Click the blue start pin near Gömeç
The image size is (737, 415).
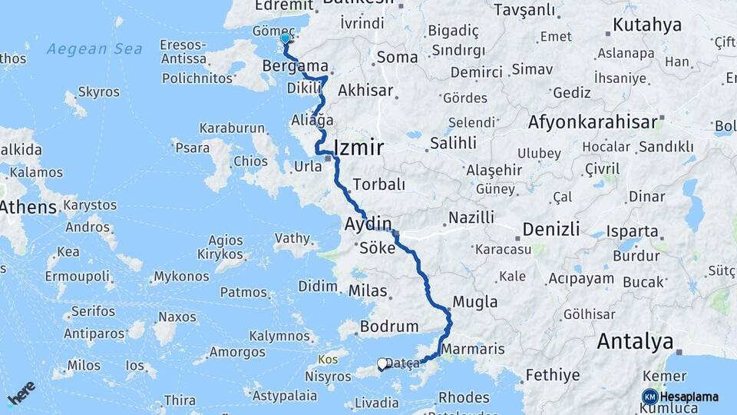(x=286, y=38)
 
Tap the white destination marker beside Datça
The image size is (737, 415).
(x=382, y=364)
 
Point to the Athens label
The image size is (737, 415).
(x=28, y=207)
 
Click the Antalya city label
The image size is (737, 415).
(x=635, y=340)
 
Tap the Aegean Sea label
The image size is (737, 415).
(x=94, y=49)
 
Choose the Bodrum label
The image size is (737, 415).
(x=389, y=327)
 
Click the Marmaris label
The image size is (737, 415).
(x=472, y=349)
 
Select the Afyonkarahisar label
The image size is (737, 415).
(x=593, y=121)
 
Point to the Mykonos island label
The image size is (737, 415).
(x=181, y=277)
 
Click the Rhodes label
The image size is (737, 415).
(x=464, y=397)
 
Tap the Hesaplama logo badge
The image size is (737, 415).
(x=680, y=397)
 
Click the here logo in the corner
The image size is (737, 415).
(x=21, y=392)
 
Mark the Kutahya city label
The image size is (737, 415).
(x=647, y=25)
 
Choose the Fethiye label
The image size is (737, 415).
(x=553, y=376)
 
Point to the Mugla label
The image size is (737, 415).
(x=475, y=302)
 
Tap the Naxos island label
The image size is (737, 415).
(x=177, y=317)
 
